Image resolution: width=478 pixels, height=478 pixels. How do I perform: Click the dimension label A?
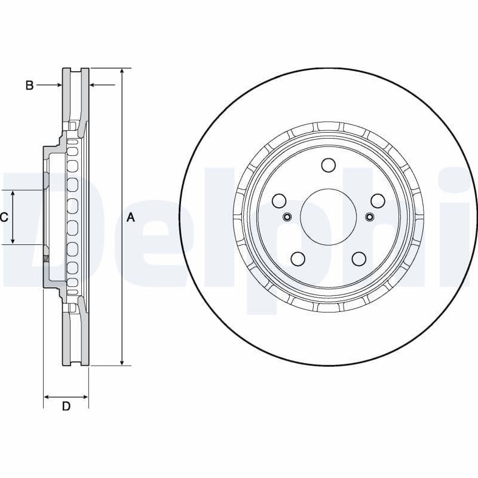tap(131, 218)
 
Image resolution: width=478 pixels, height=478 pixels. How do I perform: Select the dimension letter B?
tap(29, 85)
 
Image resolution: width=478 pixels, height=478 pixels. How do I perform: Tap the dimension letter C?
tap(4, 217)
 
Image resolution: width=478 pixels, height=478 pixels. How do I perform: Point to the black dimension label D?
tap(66, 407)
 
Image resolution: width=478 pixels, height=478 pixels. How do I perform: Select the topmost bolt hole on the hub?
tap(328, 165)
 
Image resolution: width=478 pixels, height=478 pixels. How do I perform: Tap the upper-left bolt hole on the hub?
tap(279, 201)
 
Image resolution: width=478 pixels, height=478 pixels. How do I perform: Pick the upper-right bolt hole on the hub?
tap(378, 201)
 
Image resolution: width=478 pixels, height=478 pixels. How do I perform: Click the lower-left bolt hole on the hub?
tap(298, 259)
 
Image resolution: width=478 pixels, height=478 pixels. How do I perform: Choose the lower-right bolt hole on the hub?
tap(358, 259)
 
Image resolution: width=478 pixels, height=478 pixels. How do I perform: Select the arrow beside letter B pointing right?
tap(59, 85)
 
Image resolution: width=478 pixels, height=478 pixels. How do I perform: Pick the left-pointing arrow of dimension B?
tap(93, 85)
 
